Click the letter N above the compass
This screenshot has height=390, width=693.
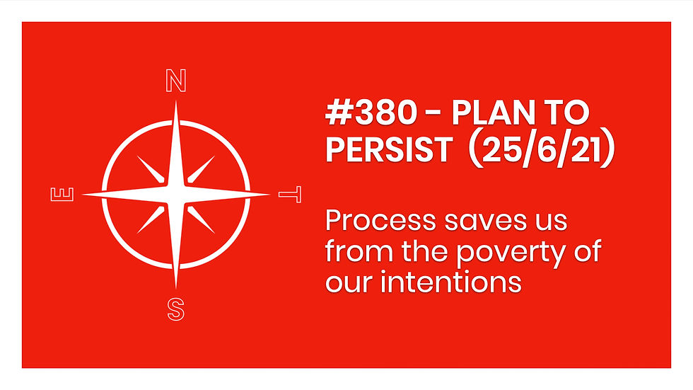point(176,81)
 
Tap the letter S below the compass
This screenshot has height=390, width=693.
point(176,309)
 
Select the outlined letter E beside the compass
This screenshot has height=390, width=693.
point(62,195)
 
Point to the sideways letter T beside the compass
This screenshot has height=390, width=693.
point(290,195)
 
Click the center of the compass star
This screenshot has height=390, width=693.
point(176,195)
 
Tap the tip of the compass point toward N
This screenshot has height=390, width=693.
point(176,101)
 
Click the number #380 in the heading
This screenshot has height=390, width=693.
point(371,113)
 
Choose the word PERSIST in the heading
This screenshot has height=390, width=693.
point(389,149)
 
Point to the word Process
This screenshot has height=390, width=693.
point(381,220)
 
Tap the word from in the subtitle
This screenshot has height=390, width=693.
point(359,251)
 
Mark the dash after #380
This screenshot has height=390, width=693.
point(433,114)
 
